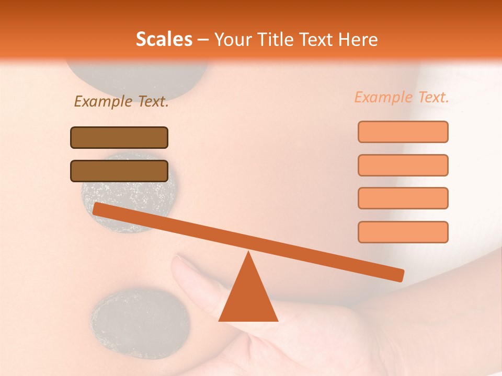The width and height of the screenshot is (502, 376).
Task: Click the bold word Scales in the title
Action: (x=164, y=39)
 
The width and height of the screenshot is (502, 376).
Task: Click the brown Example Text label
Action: (x=121, y=102)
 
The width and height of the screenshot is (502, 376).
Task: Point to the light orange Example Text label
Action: (x=402, y=97)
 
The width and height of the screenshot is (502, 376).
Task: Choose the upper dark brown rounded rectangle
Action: (x=119, y=137)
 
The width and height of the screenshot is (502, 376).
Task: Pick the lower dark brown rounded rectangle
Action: (x=119, y=171)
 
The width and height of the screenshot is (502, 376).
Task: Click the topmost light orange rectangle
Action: (x=403, y=132)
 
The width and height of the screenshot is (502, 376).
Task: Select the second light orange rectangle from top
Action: (x=403, y=165)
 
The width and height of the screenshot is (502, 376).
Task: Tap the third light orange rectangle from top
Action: (x=403, y=198)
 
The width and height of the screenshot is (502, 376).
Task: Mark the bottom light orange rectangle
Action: (x=403, y=232)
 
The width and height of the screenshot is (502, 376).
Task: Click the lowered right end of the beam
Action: (x=397, y=275)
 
